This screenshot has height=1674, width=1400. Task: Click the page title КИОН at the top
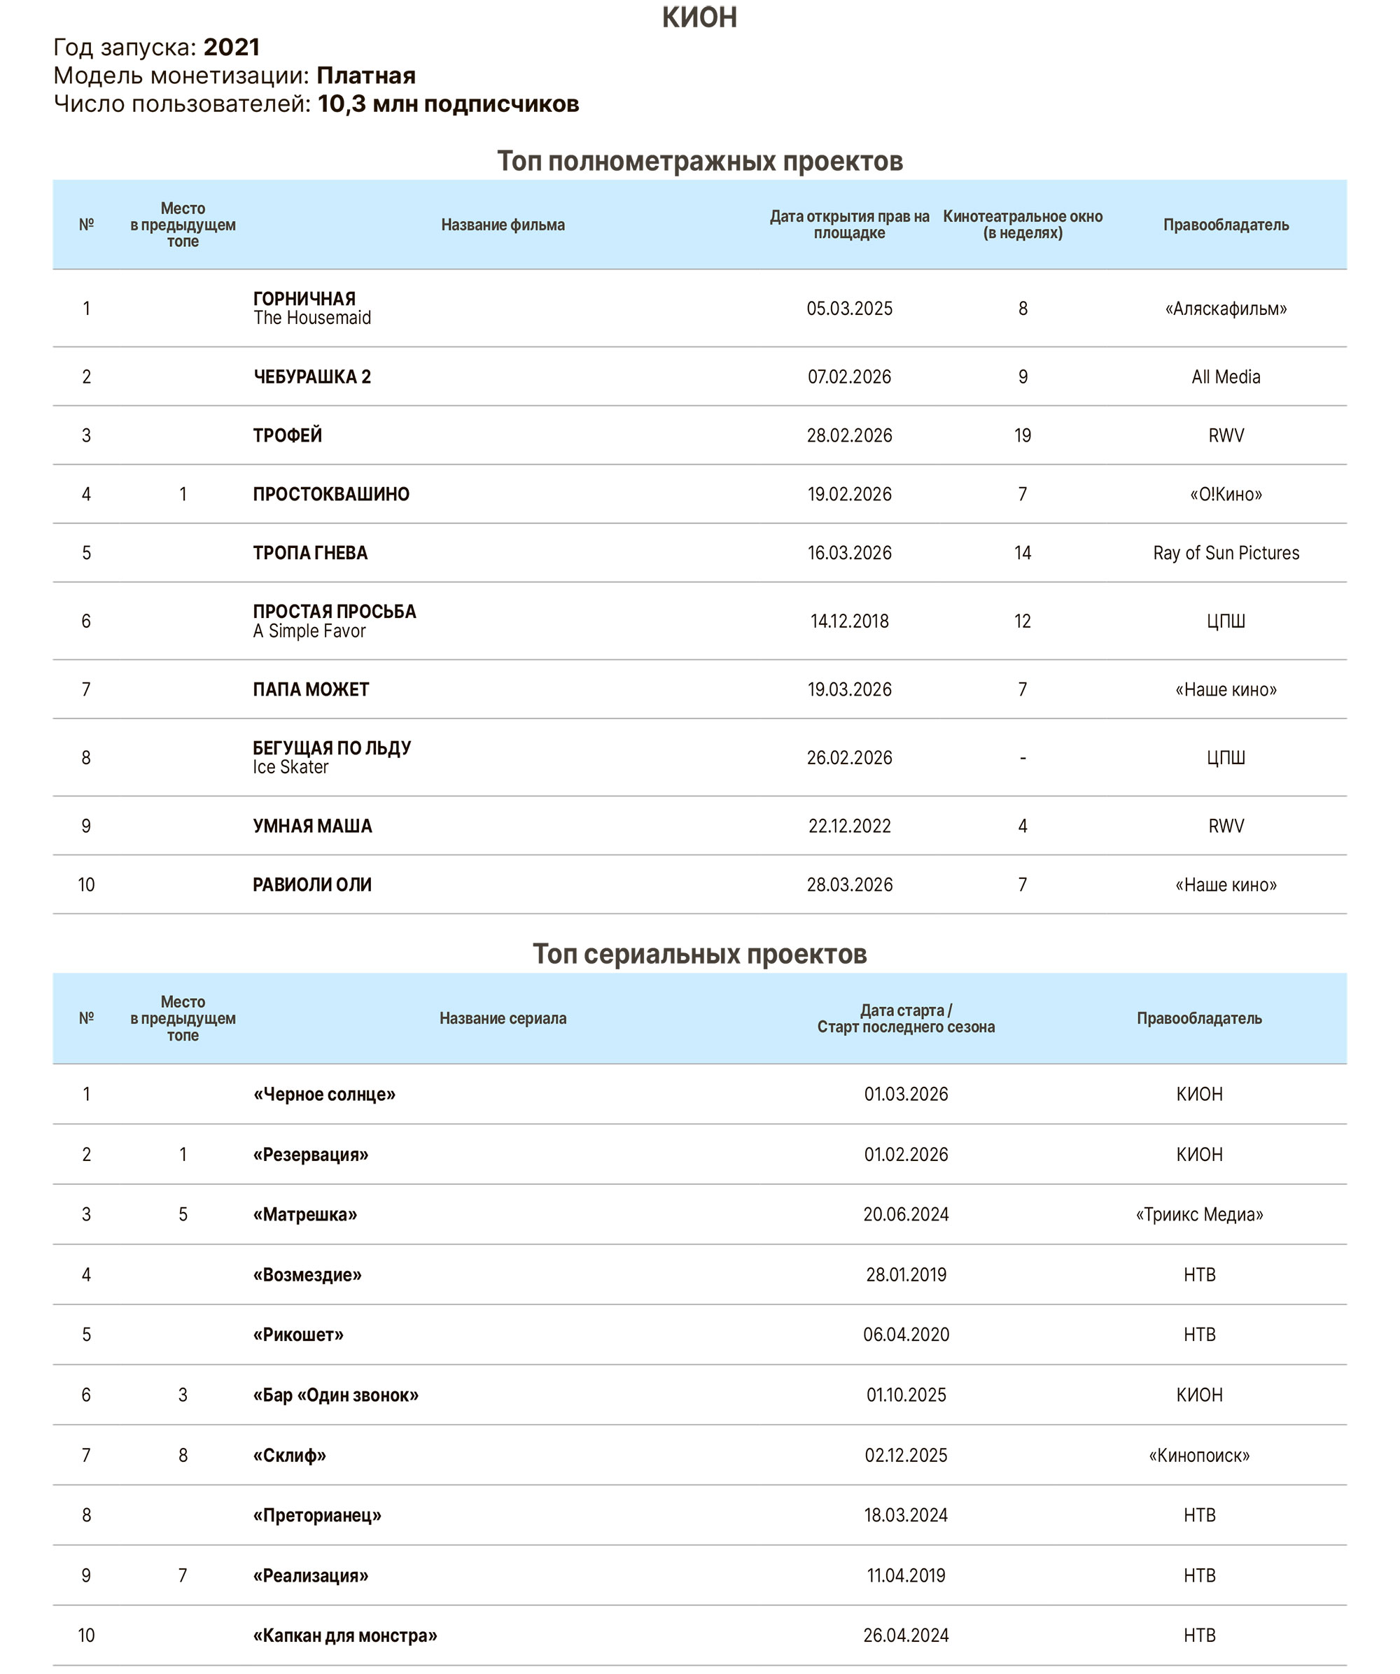[x=699, y=17]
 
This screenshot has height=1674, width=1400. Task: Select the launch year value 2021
[x=231, y=48]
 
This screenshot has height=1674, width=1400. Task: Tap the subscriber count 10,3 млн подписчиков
[x=448, y=104]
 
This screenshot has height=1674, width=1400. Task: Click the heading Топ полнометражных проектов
[x=699, y=162]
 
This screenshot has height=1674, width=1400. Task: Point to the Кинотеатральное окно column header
[x=1022, y=225]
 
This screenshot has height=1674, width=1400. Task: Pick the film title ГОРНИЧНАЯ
[x=304, y=299]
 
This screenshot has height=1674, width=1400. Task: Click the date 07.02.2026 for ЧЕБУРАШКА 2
[x=849, y=377]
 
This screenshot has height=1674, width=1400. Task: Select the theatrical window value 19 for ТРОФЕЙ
[x=1022, y=436]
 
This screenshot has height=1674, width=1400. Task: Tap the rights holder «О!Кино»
[x=1226, y=494]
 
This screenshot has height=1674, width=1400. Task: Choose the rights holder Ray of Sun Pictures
[x=1226, y=553]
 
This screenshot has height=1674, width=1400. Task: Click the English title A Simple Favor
[x=309, y=631]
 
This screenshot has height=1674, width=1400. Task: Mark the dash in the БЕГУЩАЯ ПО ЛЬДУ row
[x=1022, y=758]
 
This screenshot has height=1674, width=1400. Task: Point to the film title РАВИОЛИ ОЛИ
[x=311, y=885]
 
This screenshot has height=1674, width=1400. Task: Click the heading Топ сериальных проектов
[x=699, y=954]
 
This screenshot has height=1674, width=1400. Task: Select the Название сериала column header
[x=503, y=1019]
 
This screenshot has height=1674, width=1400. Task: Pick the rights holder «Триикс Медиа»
[x=1199, y=1215]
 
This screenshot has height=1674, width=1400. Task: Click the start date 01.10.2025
[x=906, y=1395]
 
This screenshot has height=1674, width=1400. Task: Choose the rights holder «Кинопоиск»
[x=1199, y=1456]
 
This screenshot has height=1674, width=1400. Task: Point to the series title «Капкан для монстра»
[x=344, y=1636]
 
